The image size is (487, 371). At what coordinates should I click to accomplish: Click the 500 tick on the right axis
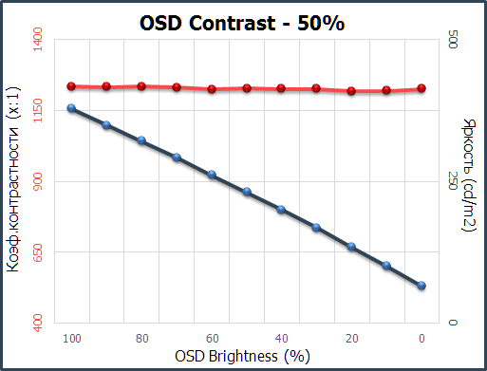(452, 41)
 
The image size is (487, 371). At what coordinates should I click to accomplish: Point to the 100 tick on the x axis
(71, 338)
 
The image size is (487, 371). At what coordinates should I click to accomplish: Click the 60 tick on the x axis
(212, 338)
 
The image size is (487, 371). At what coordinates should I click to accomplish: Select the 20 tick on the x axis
(351, 338)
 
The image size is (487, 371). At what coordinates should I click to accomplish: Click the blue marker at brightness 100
(71, 108)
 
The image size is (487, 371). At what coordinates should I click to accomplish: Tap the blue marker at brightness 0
(421, 286)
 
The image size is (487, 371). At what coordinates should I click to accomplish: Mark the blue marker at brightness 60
(212, 175)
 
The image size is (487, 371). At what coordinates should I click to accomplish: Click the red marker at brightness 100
(71, 86)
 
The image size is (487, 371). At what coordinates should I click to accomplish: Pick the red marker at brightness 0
(421, 89)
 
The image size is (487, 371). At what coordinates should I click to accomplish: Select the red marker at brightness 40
(281, 88)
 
